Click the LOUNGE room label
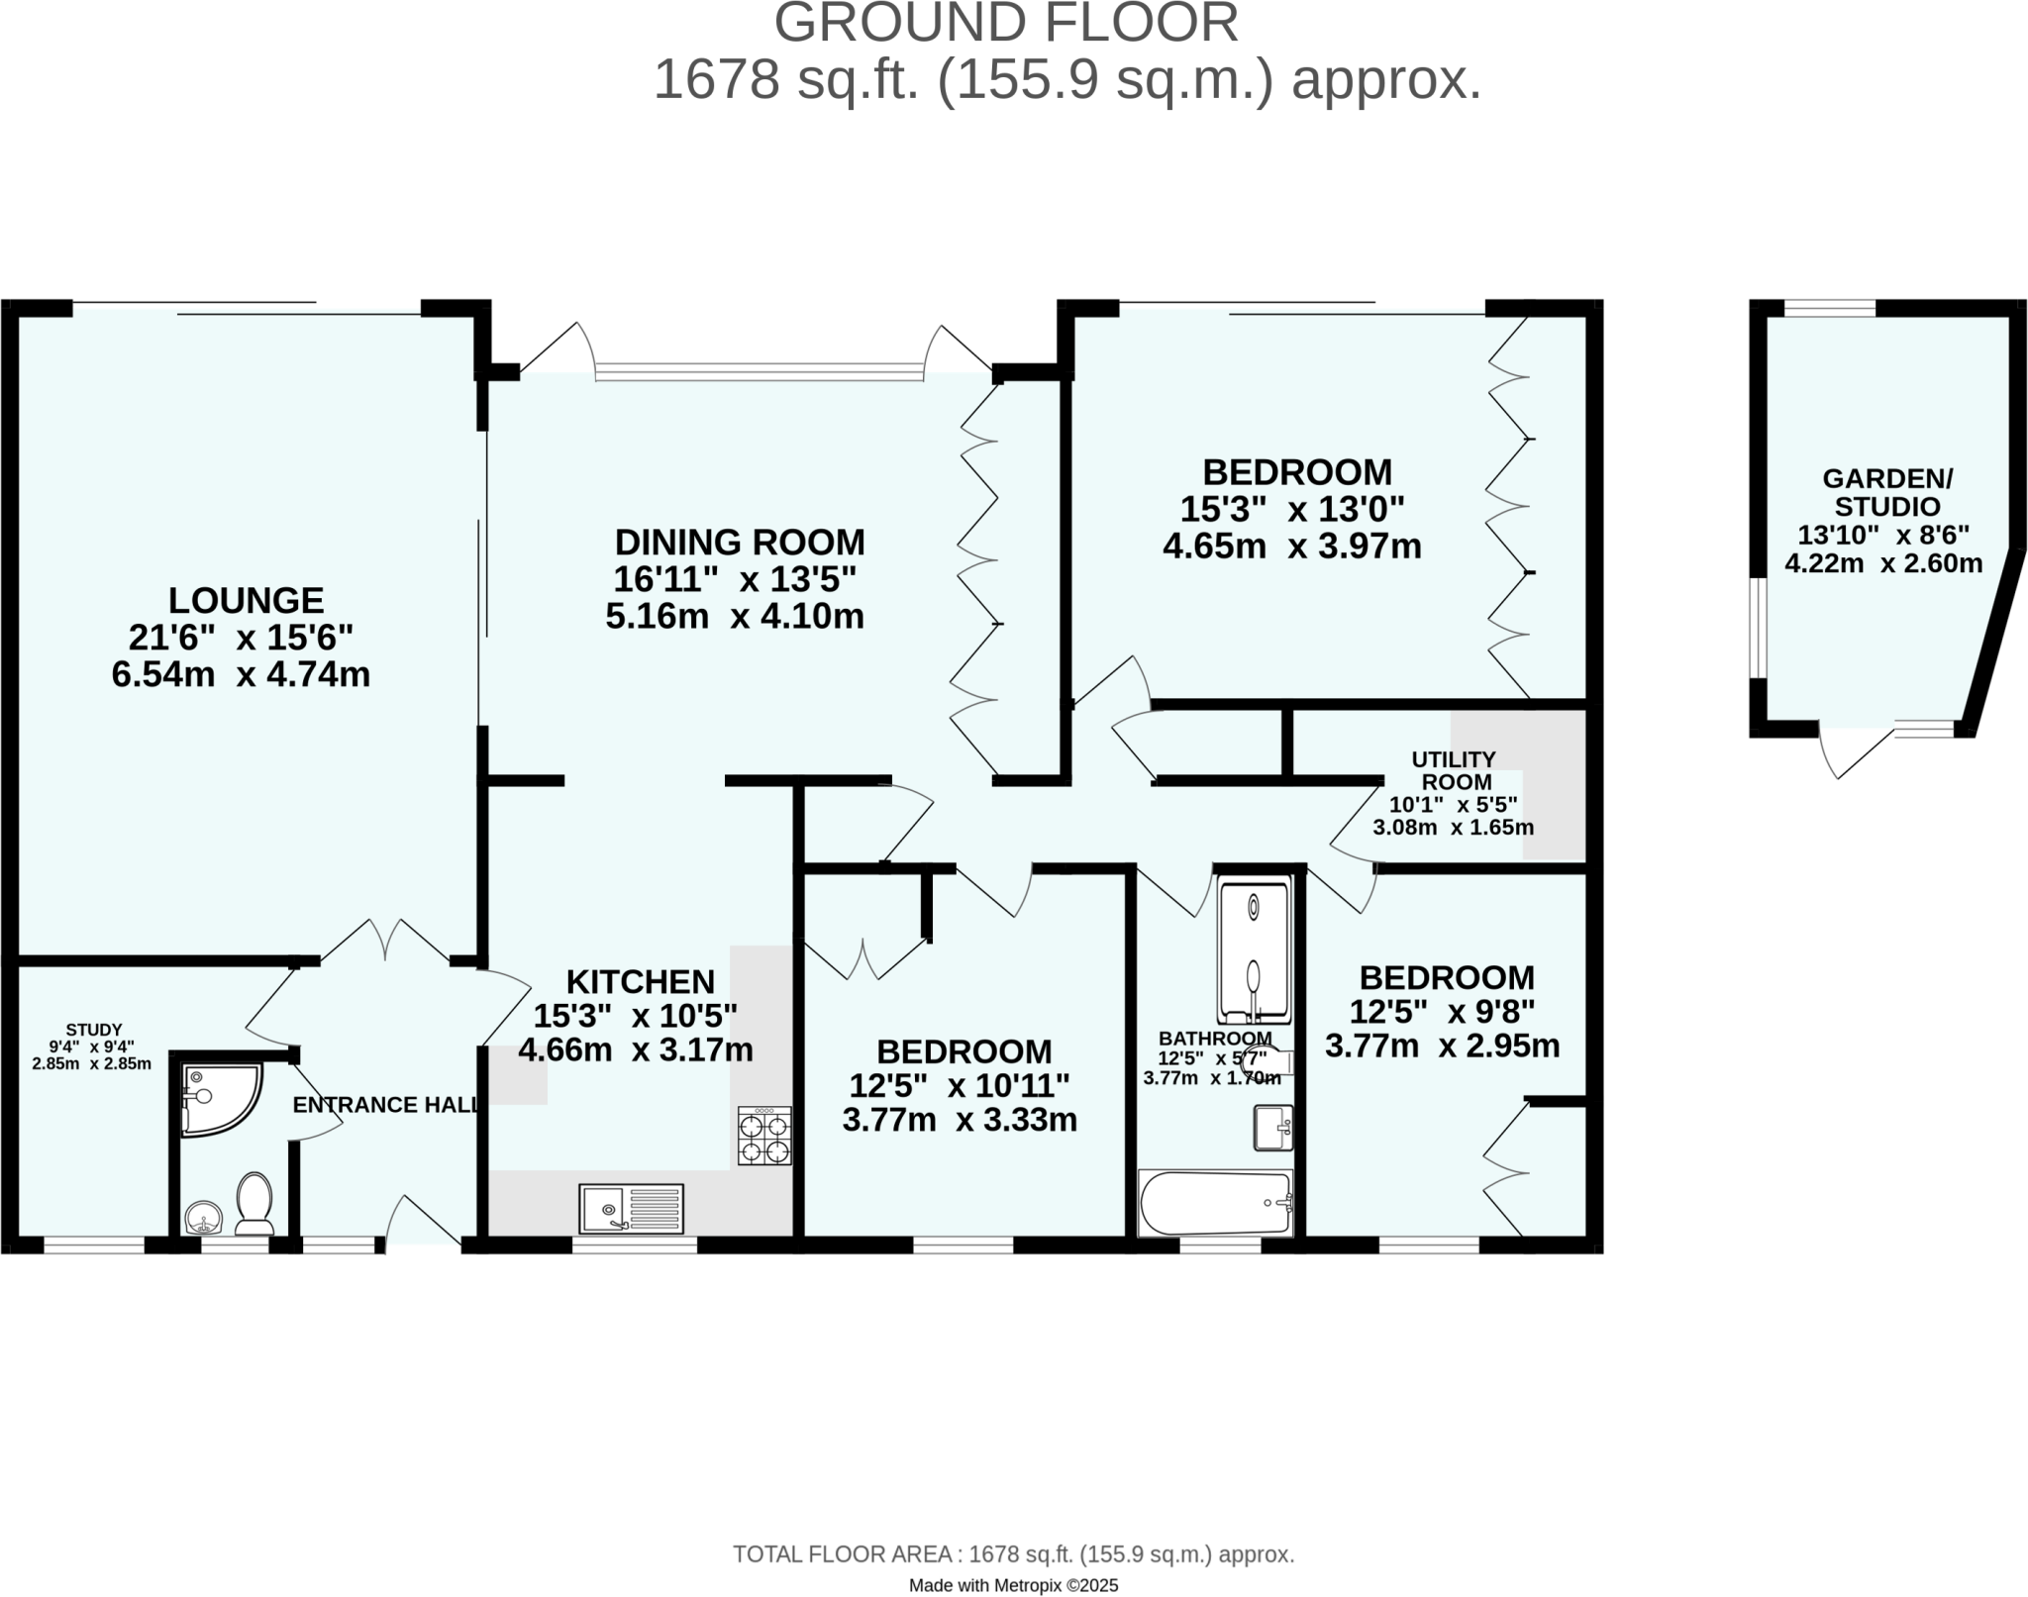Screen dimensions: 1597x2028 coord(246,601)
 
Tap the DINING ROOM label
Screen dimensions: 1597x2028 coord(739,543)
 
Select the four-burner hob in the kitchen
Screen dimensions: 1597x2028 coord(763,1136)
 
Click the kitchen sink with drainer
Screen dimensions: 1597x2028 coord(632,1208)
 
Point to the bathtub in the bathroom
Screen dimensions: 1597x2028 coord(1215,1203)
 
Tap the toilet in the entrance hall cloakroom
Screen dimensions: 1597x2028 coord(254,1203)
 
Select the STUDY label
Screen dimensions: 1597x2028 coord(94,1030)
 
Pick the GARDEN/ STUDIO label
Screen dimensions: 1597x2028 coord(1887,492)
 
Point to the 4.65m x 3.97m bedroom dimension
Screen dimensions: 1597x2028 coord(1291,547)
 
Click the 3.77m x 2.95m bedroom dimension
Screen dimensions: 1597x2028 coord(1442,1046)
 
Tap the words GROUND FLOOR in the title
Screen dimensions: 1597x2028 coord(1005,24)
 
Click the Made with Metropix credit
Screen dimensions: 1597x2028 coord(1013,1585)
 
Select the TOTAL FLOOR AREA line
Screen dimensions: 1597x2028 coord(1013,1554)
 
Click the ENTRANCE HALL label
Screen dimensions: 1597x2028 coord(384,1105)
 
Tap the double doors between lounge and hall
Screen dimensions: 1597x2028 coord(385,941)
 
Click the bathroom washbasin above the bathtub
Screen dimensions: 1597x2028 coord(1273,1128)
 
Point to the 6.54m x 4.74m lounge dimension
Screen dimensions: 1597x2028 coord(241,675)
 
